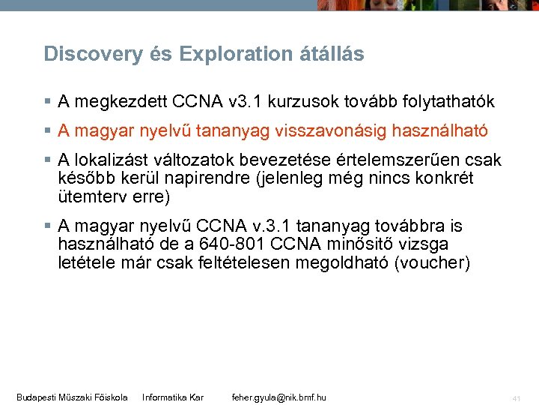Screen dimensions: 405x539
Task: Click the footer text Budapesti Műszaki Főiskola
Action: [x=72, y=397]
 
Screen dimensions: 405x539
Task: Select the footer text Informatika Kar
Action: [x=173, y=397]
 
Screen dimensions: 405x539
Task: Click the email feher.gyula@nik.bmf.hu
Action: [x=279, y=397]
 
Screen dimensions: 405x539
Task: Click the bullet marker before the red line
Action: [x=47, y=131]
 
